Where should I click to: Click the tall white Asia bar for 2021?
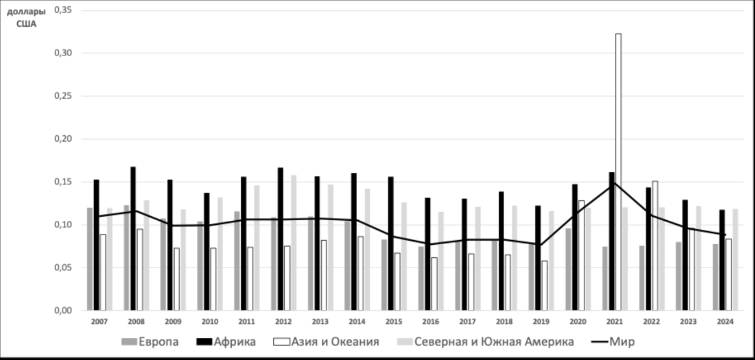(618, 172)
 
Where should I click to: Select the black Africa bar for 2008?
(133, 238)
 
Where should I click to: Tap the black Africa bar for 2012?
(280, 238)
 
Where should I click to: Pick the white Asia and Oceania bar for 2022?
(655, 246)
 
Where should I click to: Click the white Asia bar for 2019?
(544, 285)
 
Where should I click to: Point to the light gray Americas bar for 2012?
(293, 242)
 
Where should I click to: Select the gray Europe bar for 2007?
(90, 259)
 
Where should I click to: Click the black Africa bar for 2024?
(722, 260)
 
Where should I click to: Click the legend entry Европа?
(150, 342)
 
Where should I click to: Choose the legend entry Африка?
(226, 342)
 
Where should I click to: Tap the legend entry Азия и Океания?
(326, 342)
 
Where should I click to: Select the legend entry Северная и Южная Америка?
(485, 342)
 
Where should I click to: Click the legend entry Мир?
(613, 342)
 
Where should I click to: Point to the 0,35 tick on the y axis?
(63, 10)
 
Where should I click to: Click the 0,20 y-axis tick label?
(63, 139)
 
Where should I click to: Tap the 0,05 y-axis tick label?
(63, 268)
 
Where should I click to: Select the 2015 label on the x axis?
(394, 322)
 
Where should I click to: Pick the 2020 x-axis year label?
(578, 322)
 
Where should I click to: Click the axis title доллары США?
(26, 18)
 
